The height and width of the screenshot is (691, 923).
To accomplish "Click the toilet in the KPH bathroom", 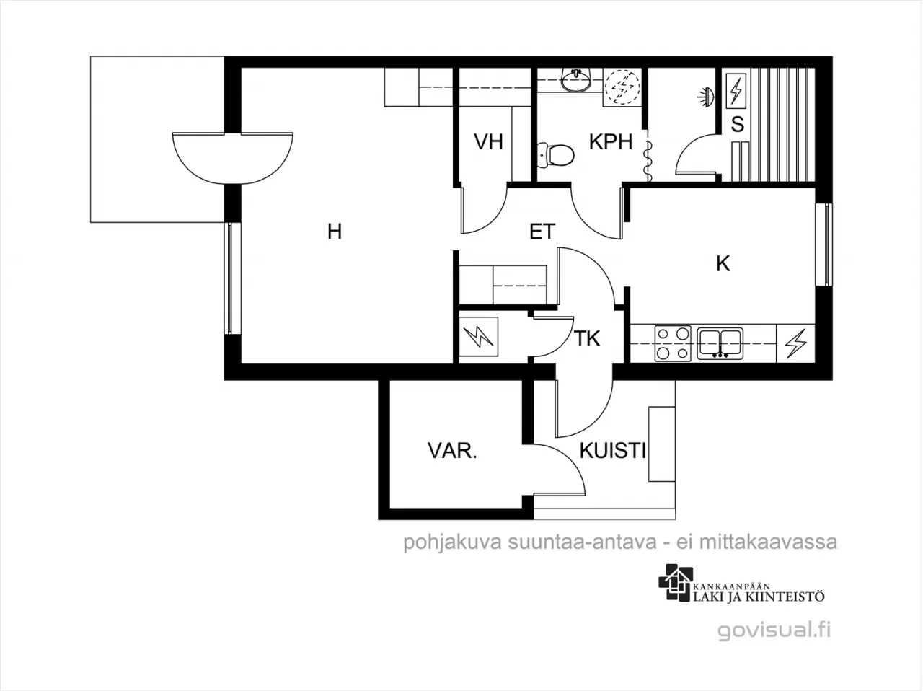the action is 555,156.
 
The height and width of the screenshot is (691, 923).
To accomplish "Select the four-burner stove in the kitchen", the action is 673,343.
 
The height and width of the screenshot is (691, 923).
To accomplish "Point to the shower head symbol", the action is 705,97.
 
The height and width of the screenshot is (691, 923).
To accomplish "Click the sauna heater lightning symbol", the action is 736,91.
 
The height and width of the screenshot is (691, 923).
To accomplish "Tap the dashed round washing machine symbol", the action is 622,88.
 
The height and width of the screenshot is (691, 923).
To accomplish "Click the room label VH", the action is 489,141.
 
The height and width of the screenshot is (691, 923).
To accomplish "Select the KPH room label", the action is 611,141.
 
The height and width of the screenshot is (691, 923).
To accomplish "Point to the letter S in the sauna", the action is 737,125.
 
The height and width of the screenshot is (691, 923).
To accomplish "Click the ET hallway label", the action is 542,232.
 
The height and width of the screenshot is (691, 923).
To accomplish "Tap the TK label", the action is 587,338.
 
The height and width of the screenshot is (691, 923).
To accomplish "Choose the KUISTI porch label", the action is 613,450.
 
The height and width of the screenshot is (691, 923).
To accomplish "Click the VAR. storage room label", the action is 452,450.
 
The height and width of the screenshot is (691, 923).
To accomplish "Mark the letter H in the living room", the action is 335,232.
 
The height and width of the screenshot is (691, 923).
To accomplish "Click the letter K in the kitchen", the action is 723,264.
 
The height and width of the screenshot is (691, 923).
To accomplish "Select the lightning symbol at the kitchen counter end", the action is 795,343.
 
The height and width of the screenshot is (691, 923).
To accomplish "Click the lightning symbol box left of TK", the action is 479,337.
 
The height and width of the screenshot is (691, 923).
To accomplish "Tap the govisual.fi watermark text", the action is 774,630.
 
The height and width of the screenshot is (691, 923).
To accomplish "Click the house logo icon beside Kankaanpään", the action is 676,583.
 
